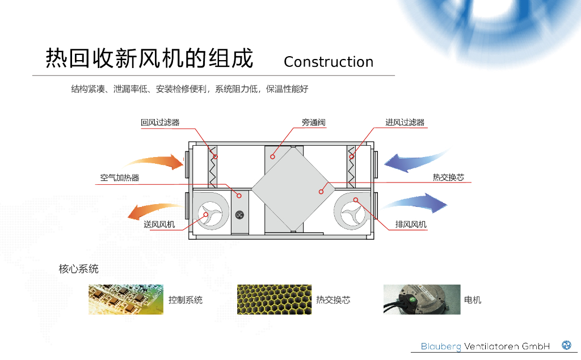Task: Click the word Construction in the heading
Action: [x=329, y=62]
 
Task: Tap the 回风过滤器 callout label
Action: [x=160, y=122]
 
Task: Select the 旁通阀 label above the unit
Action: [x=314, y=122]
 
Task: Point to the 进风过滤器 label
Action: [x=405, y=122]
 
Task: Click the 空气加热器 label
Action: [x=120, y=178]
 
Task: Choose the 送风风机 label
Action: [x=159, y=225]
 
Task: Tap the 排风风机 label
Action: [x=411, y=225]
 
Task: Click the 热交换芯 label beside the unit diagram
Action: [x=448, y=177]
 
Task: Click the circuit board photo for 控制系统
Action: [x=126, y=299]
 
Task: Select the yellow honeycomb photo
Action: [x=274, y=299]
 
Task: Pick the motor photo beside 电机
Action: [x=422, y=299]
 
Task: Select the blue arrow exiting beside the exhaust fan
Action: [x=417, y=203]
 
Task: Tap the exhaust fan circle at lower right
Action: [x=355, y=213]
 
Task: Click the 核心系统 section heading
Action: [x=79, y=269]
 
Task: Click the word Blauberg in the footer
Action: [x=441, y=346]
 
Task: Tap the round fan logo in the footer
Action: [x=566, y=345]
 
